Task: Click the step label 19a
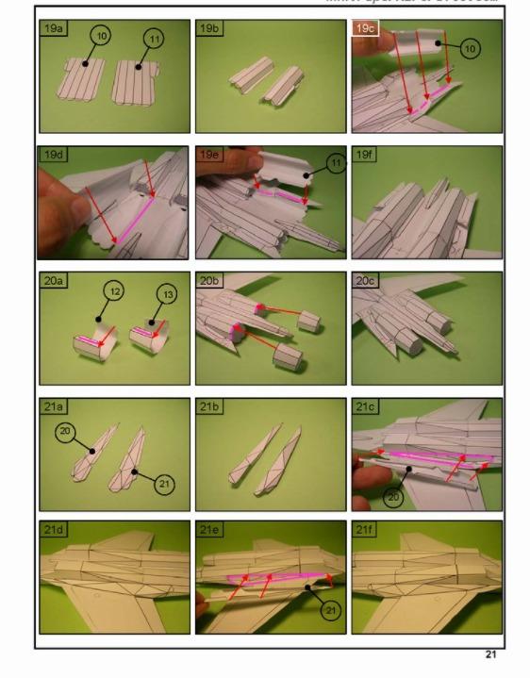coord(53,29)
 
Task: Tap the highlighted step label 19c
coord(365,29)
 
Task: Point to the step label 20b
coord(209,280)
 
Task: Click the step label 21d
coord(54,530)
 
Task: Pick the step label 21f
coord(366,530)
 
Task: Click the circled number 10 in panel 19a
coord(101,36)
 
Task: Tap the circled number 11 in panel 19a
coord(153,39)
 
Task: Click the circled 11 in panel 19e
coord(312,164)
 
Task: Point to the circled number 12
coord(114,293)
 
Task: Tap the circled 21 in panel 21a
coord(164,484)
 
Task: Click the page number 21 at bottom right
coord(490,654)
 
